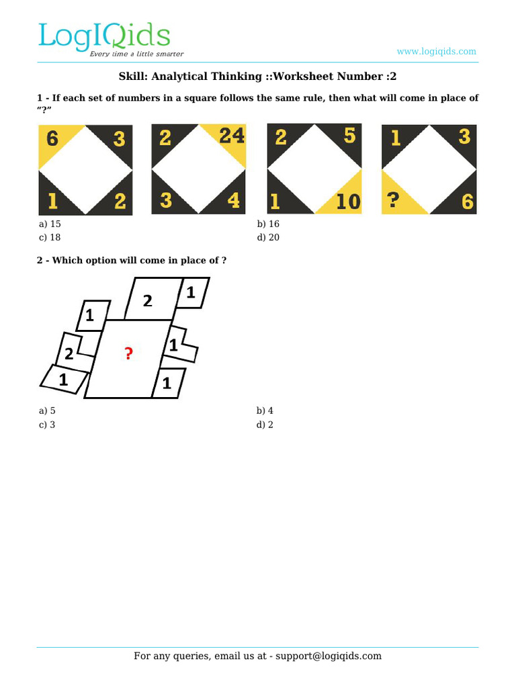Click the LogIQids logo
click(104, 36)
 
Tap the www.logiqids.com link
click(436, 51)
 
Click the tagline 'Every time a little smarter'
click(137, 54)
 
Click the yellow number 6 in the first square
click(52, 139)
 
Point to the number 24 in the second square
click(231, 136)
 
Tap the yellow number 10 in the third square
click(348, 201)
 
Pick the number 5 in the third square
click(349, 136)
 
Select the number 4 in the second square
click(233, 201)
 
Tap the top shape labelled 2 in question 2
click(148, 301)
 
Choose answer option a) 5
click(47, 411)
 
